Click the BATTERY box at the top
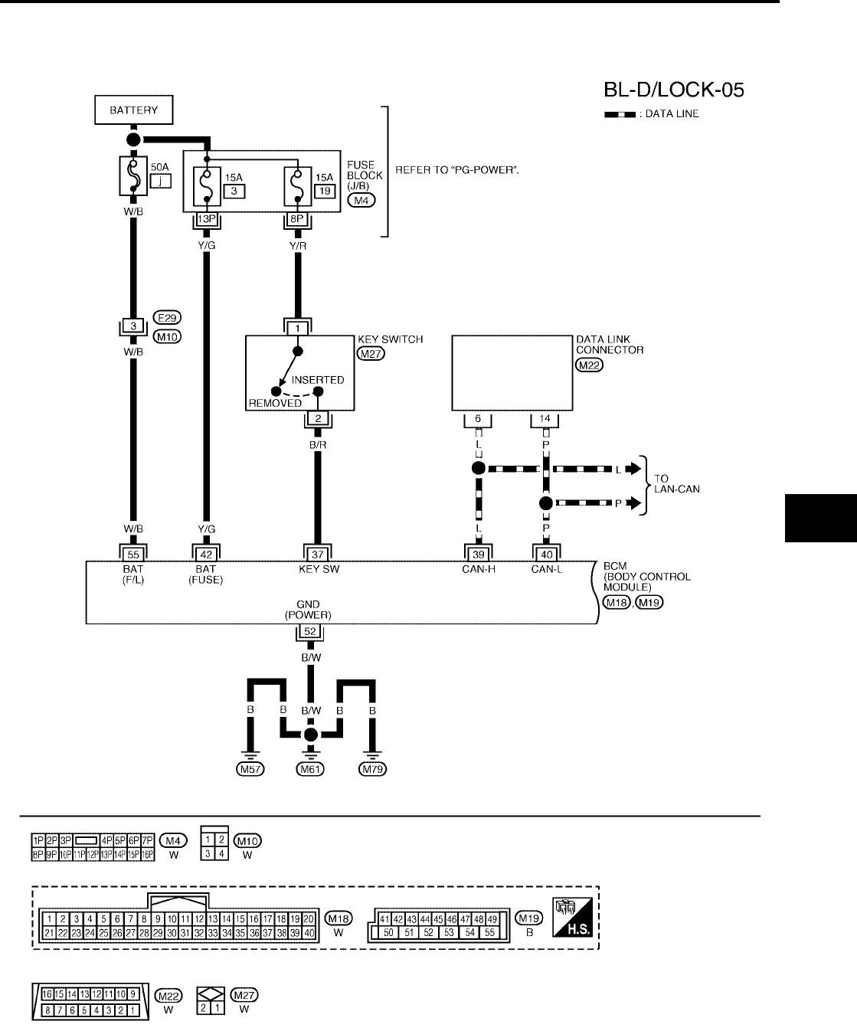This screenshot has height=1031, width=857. click(133, 110)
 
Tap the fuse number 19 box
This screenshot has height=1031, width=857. click(325, 191)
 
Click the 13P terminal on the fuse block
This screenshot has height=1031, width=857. click(206, 218)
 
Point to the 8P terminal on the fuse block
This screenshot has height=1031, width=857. click(298, 218)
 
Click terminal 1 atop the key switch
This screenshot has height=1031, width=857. click(298, 327)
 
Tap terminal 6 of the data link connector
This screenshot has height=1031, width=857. click(478, 418)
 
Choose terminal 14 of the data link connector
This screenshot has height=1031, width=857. click(545, 418)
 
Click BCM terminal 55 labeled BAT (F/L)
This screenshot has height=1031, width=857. click(133, 553)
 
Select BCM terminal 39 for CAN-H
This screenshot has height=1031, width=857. click(478, 553)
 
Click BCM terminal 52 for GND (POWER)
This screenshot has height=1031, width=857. click(310, 632)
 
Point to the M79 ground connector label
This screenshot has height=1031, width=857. click(373, 769)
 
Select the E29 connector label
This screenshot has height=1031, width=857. click(167, 318)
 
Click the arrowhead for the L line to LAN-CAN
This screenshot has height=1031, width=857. click(633, 469)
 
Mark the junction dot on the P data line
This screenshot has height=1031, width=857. click(545, 503)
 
